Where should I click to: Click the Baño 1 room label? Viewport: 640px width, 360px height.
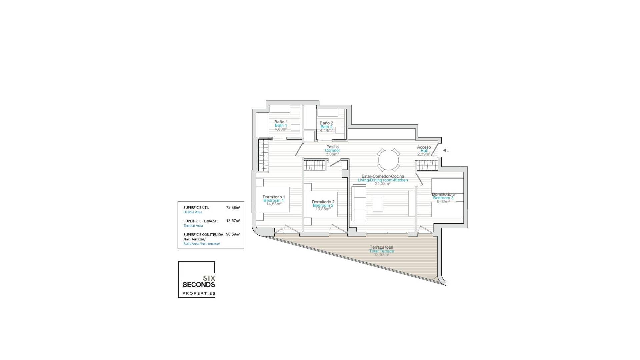coord(281,122)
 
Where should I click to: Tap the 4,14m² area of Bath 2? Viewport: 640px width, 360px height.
coord(326,131)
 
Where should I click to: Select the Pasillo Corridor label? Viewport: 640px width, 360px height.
coord(332,147)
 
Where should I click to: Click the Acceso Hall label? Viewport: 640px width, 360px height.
coord(424,147)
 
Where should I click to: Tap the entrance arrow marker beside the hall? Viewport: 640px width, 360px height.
coord(445,151)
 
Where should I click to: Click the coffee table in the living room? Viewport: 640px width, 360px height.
coord(378,204)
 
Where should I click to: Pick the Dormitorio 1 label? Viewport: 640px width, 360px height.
coord(274,197)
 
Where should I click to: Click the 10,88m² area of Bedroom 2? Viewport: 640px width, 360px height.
coord(323,209)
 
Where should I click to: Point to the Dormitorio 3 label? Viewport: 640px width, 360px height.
coord(443,194)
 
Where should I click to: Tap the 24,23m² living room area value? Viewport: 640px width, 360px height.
coord(382,184)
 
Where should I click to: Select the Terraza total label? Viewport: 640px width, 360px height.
coord(381,247)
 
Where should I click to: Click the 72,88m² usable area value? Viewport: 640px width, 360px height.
coord(233,208)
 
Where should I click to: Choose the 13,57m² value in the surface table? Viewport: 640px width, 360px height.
coord(233,221)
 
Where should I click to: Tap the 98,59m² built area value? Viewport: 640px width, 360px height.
coord(233,234)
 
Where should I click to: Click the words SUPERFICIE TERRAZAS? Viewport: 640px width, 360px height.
coord(201,221)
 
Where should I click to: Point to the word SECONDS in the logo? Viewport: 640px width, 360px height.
coord(199,285)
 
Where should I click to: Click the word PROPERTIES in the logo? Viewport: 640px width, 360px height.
coord(199,294)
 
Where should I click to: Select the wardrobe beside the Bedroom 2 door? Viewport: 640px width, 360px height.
coord(315,165)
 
